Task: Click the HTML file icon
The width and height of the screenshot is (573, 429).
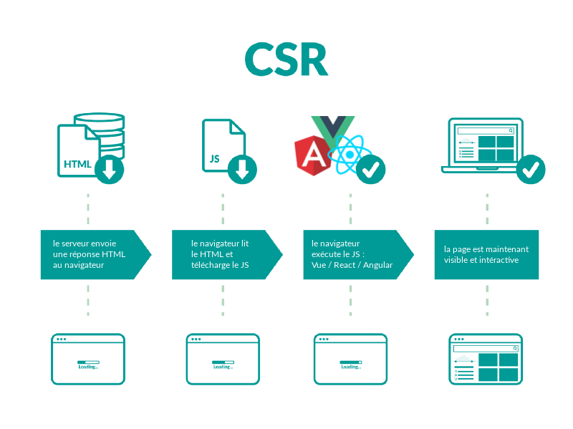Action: click(77, 152)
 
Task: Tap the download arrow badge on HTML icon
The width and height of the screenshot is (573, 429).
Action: click(110, 169)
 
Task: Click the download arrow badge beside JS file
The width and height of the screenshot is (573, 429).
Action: click(242, 169)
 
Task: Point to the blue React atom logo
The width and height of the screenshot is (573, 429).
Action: click(350, 153)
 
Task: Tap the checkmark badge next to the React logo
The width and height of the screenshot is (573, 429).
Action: click(371, 169)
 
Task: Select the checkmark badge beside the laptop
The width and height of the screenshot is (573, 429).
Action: click(531, 169)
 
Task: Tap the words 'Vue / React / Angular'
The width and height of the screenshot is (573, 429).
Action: click(352, 265)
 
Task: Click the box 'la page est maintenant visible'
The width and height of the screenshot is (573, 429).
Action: click(486, 254)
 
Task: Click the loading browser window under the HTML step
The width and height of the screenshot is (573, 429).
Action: click(88, 359)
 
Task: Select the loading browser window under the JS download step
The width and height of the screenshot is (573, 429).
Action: click(222, 359)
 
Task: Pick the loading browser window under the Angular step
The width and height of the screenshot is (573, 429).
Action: click(350, 359)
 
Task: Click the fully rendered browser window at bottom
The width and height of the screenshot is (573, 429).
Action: click(486, 359)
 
